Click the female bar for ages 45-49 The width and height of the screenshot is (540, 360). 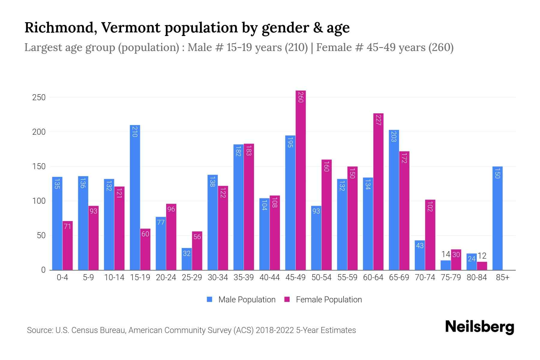(301, 180)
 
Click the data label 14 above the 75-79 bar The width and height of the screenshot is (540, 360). (445, 254)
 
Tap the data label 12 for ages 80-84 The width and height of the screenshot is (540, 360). (482, 256)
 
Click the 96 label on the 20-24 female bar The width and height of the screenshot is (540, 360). (171, 209)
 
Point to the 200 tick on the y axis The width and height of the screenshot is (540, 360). (39, 132)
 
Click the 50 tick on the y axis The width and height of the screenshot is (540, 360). (41, 235)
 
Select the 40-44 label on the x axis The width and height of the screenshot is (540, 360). (269, 277)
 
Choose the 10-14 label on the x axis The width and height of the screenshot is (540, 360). (114, 277)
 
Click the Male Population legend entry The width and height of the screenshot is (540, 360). (247, 300)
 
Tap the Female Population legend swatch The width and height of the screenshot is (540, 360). (287, 299)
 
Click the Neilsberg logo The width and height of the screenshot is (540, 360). (479, 327)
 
